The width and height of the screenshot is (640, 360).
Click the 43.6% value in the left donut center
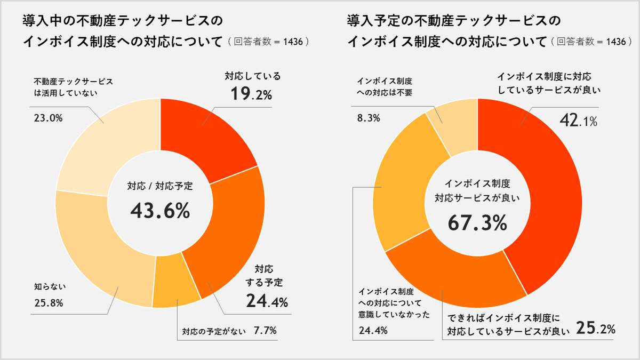click(160, 211)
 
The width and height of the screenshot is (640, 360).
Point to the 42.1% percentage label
click(578, 121)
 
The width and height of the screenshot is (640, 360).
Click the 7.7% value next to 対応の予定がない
click(265, 331)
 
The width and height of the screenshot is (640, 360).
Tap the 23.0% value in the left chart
click(49, 118)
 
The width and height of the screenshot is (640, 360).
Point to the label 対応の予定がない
click(214, 331)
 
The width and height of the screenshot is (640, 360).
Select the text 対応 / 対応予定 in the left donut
click(160, 186)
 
